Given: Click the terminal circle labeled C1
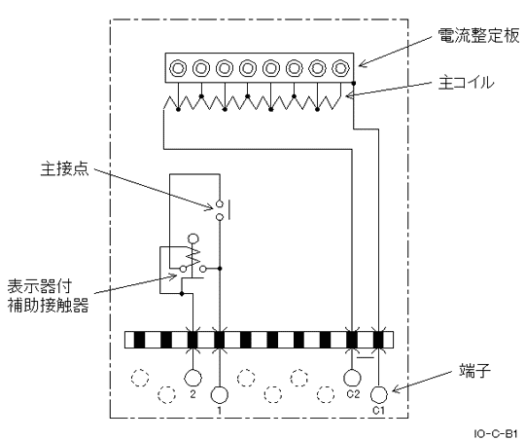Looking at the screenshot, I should pyautogui.click(x=378, y=394).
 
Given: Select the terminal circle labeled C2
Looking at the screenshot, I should pyautogui.click(x=353, y=377).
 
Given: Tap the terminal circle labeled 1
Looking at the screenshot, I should pyautogui.click(x=220, y=394).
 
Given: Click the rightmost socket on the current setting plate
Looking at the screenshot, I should pyautogui.click(x=340, y=69).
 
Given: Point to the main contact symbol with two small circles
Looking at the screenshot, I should pyautogui.click(x=221, y=211).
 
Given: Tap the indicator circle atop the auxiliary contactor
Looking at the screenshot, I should pyautogui.click(x=192, y=238).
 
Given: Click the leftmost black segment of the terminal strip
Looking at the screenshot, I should pyautogui.click(x=140, y=340).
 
